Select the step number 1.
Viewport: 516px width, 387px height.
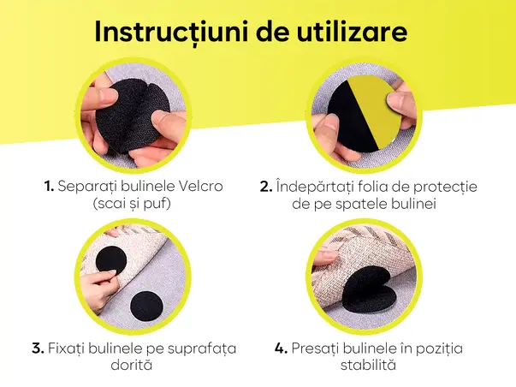point(50,186)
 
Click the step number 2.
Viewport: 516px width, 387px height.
point(264,186)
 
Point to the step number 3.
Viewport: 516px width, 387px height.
point(38,348)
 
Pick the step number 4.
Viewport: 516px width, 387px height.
point(280,348)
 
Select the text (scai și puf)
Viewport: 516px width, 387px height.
point(132,204)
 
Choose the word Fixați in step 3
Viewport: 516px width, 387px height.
point(70,348)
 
